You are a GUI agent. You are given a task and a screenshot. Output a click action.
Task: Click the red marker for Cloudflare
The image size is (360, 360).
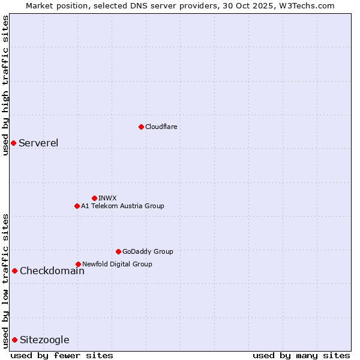pos(141,127)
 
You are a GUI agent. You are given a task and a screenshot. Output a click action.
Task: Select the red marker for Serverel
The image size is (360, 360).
pos(13,143)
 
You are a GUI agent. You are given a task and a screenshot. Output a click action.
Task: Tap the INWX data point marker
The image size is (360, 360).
pos(94,198)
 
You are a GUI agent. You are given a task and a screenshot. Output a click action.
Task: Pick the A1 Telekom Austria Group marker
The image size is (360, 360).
pos(77,206)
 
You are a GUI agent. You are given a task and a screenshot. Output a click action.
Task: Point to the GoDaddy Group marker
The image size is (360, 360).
pos(118,251)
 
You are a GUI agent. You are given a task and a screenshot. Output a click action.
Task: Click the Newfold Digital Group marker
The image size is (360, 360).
pos(78,264)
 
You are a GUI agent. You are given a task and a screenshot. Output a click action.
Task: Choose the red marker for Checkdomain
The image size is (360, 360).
pos(14,271)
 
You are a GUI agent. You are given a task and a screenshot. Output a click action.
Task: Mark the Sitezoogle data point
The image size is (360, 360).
pos(14,340)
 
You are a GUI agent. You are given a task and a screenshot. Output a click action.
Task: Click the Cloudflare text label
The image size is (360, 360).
pos(161,127)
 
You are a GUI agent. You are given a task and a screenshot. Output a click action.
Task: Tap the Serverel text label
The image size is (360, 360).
pos(38,143)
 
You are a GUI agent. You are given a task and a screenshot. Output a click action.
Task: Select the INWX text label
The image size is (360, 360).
pos(107,198)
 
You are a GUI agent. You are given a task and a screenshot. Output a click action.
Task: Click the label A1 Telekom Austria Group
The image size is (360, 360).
pos(122,206)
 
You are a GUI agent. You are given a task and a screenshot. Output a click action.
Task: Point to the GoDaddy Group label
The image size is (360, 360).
pos(148,251)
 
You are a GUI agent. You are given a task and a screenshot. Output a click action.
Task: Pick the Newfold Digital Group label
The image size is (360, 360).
pos(117,264)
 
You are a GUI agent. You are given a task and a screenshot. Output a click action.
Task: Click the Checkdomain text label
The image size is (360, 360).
pos(52,271)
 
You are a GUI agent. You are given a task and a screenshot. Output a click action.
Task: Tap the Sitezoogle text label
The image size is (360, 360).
pos(44,340)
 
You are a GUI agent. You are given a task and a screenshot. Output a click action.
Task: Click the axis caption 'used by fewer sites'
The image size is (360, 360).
pos(62,355)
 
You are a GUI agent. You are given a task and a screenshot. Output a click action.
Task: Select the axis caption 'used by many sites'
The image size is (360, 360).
pos(301,355)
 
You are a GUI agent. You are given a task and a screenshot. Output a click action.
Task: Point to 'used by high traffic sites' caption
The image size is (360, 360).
pos(5,85)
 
